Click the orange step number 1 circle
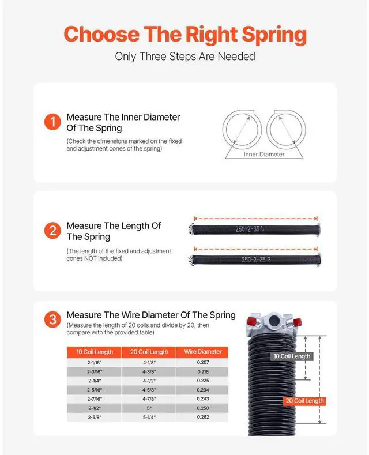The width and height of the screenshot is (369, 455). [x=52, y=122]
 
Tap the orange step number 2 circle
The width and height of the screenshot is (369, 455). [x=52, y=231]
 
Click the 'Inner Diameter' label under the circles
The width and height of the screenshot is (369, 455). [x=264, y=154]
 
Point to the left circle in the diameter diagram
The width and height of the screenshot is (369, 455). [x=243, y=127]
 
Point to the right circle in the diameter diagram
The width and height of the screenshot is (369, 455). [x=287, y=127]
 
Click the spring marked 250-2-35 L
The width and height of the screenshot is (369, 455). [x=254, y=230]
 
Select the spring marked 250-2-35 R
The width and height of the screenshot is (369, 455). [x=254, y=259]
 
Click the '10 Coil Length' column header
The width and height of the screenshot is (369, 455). [x=95, y=352]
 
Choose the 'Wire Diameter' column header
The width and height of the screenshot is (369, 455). [x=202, y=352]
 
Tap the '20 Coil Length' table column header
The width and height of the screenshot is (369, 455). [x=149, y=352]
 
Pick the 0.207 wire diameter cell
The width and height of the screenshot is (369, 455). [x=202, y=362]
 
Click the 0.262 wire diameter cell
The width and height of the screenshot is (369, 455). [x=202, y=417]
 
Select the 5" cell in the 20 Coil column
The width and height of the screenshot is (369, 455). [x=149, y=408]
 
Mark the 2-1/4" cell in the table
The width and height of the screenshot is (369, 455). [x=95, y=380]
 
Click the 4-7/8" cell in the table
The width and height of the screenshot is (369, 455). [x=149, y=398]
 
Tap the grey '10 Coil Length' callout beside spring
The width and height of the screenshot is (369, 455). [x=292, y=356]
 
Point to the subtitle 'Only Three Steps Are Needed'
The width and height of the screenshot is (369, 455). [x=184, y=57]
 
